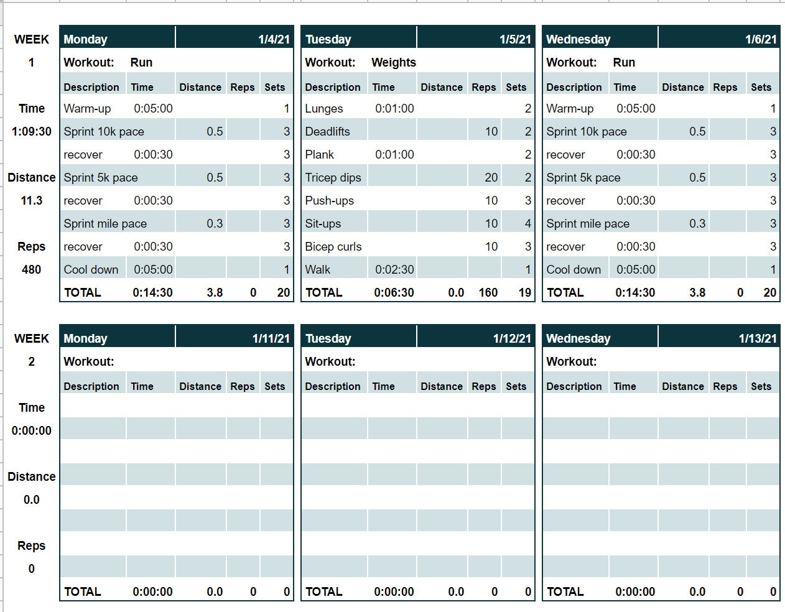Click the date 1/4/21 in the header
click(x=274, y=39)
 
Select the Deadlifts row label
click(x=327, y=131)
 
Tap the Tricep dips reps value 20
click(x=491, y=177)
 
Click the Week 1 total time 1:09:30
click(x=31, y=131)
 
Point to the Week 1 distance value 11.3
click(x=31, y=200)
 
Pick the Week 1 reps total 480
click(x=31, y=269)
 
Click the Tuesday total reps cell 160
click(x=488, y=292)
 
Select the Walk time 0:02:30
click(x=394, y=269)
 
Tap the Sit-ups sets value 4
click(x=527, y=223)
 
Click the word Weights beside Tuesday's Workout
click(x=393, y=62)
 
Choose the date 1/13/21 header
click(x=757, y=338)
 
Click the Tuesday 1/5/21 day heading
click(x=328, y=39)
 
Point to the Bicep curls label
click(x=333, y=246)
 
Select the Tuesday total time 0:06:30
click(x=394, y=292)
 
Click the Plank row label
click(x=319, y=154)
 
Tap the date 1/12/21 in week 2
click(x=512, y=338)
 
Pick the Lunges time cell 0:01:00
click(x=394, y=108)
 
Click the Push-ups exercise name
click(x=329, y=200)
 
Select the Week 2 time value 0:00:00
click(x=31, y=430)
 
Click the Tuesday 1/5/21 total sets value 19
click(x=524, y=292)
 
